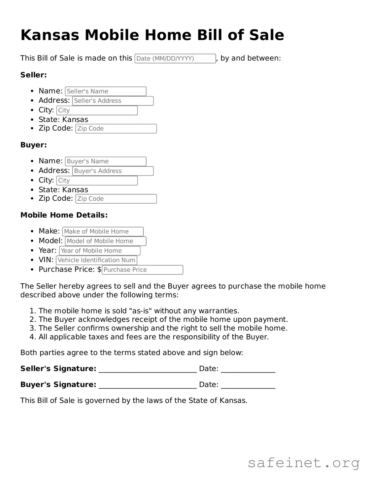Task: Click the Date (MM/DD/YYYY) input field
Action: pyautogui.click(x=175, y=59)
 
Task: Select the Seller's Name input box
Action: pyautogui.click(x=106, y=91)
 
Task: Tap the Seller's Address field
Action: pyautogui.click(x=113, y=101)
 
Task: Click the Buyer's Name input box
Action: pyautogui.click(x=106, y=161)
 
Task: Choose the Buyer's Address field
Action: pyautogui.click(x=113, y=171)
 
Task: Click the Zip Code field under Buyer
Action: pyautogui.click(x=116, y=199)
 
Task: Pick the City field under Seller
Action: pyautogui.click(x=97, y=110)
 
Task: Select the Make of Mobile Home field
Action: pyautogui.click(x=103, y=231)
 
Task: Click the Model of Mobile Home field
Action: pyautogui.click(x=106, y=241)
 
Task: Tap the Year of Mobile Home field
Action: pyautogui.click(x=100, y=251)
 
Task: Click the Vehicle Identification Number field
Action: pyautogui.click(x=96, y=260)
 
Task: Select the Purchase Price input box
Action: pyautogui.click(x=142, y=270)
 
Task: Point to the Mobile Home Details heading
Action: pyautogui.click(x=64, y=215)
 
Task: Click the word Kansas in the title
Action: pyautogui.click(x=50, y=35)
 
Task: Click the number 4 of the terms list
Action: pyautogui.click(x=32, y=337)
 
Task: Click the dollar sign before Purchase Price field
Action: pyautogui.click(x=99, y=269)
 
